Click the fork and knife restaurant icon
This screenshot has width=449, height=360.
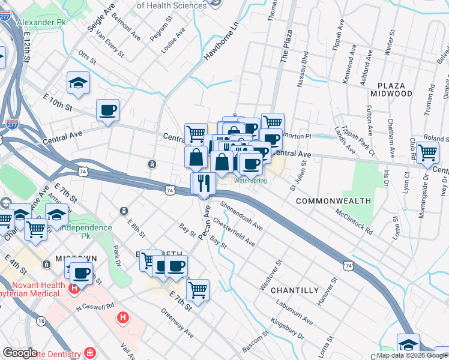(203, 184)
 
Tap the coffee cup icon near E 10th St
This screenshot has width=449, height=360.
(107, 110)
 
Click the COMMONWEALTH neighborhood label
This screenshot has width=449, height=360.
(333, 200)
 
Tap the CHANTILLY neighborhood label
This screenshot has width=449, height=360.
(294, 290)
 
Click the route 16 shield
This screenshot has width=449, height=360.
(41, 321)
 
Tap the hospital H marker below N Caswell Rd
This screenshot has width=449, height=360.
(122, 317)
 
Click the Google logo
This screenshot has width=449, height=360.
(20, 353)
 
